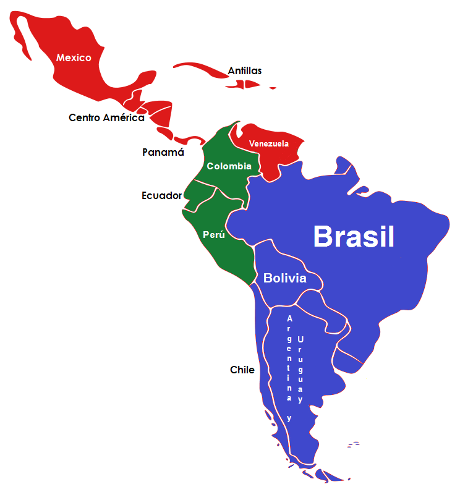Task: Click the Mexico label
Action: point(74,57)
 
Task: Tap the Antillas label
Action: point(244,70)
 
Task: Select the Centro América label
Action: point(106,117)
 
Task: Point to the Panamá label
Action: point(163,152)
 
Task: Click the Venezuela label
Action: point(269,144)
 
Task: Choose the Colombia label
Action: point(229,166)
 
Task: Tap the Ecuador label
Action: point(161,196)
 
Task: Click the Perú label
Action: point(213,235)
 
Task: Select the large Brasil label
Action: point(353,236)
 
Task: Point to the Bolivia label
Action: point(284,278)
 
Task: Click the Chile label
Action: point(242,370)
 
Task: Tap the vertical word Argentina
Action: point(289,358)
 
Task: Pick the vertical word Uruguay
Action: point(300,369)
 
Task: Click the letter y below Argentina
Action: point(289,418)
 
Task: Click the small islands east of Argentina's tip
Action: point(353,444)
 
